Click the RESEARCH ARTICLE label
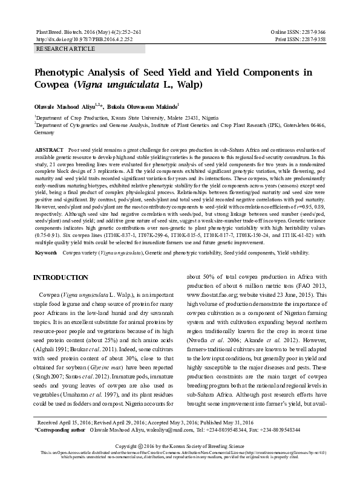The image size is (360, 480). (x=66, y=48)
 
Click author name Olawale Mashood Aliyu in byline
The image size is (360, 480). (x=73, y=106)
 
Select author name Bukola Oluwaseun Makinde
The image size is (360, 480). (x=150, y=106)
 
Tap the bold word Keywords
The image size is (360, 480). (x=47, y=251)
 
